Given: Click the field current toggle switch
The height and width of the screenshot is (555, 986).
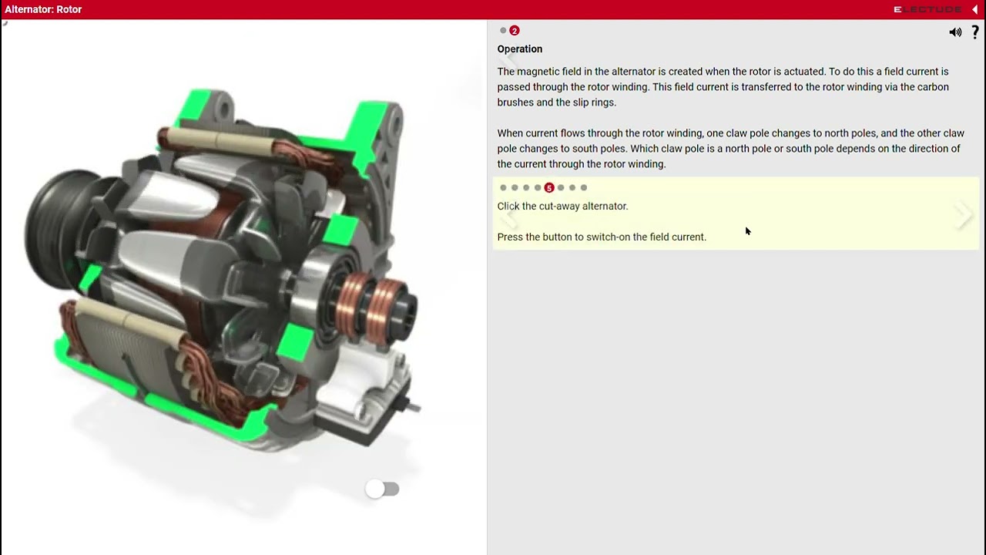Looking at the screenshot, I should (x=383, y=489).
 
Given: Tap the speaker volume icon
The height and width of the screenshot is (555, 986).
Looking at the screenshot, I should (x=955, y=32).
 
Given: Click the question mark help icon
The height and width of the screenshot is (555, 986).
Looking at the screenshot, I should (x=975, y=32).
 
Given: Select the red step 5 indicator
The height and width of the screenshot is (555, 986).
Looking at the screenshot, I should (x=549, y=187).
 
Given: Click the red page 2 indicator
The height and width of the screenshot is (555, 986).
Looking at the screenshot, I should (x=515, y=31).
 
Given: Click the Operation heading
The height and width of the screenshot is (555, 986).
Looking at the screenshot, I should (x=520, y=49).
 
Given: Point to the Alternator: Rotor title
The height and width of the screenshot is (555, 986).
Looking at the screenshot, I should (x=43, y=9).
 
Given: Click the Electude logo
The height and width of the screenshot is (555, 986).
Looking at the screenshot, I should (x=927, y=9).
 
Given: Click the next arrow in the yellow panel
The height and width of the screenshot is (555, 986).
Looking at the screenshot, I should (x=963, y=215).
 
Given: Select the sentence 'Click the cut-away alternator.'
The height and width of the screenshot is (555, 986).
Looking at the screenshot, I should (x=562, y=206).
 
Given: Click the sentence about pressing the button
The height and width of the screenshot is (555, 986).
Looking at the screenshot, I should (x=602, y=237).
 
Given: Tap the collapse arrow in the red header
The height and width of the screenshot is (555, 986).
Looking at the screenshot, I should (x=974, y=9).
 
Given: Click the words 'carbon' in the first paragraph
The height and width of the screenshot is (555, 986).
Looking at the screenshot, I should (x=931, y=87).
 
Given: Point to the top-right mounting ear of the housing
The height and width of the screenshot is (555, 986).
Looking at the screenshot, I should (x=385, y=119).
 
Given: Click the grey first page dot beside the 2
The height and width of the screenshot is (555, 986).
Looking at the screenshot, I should (x=503, y=31).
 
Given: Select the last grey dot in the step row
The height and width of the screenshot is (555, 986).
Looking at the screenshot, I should (x=584, y=187).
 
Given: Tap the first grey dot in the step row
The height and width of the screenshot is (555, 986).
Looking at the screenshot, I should (x=503, y=187).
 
